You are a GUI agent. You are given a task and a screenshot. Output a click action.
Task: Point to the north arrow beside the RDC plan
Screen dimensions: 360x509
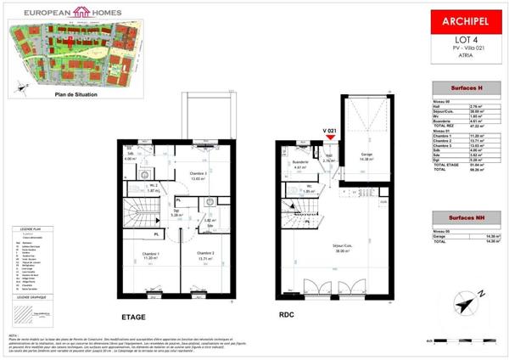point(462,303)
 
